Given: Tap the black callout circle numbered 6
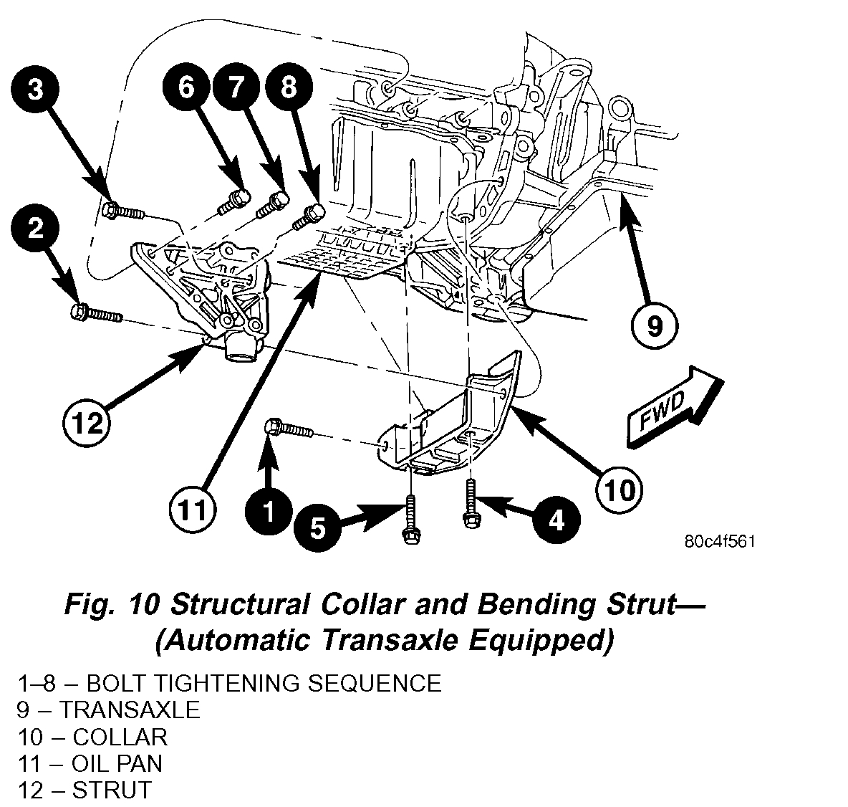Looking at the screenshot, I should (x=186, y=88).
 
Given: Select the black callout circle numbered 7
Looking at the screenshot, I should (x=236, y=88).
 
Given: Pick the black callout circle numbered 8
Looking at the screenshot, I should (x=288, y=88).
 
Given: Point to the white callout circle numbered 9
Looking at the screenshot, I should (x=655, y=327).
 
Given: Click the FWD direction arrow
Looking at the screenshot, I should (x=672, y=404).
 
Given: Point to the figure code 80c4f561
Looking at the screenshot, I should (x=720, y=542).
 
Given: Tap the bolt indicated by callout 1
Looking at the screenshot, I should (x=289, y=429).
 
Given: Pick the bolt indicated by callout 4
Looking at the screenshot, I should (x=471, y=504).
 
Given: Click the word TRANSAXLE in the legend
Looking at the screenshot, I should (x=130, y=710).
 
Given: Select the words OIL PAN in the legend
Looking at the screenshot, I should (x=117, y=763).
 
